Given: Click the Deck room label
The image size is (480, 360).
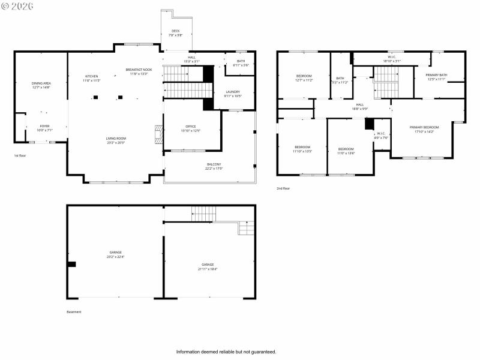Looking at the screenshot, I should [175, 31].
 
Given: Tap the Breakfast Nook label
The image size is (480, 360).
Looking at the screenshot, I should [139, 70].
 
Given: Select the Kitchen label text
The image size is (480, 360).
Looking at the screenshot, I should [92, 77].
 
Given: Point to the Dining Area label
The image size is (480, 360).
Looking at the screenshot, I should [41, 83].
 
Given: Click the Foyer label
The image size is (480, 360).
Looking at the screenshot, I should [45, 126].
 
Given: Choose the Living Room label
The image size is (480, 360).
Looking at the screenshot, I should [116, 139].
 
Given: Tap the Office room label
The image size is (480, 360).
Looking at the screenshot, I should [191, 127].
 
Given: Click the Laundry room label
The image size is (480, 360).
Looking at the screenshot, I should [233, 92].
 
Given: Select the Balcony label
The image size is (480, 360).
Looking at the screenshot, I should [214, 164].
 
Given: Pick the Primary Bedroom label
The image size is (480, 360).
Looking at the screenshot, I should [424, 127].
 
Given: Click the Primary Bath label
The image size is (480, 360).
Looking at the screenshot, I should [436, 75].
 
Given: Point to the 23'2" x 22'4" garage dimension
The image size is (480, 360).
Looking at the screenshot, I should [116, 257].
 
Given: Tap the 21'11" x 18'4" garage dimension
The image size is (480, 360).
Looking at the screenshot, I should [208, 269].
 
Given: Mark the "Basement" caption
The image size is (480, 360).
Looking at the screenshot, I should [74, 311].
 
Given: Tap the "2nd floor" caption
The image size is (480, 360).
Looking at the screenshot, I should [283, 188].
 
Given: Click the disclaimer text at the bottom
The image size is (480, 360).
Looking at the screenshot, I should [226, 352].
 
